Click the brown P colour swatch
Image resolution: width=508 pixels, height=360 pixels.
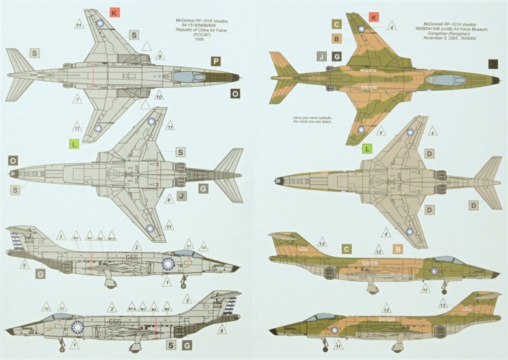coord(216,62)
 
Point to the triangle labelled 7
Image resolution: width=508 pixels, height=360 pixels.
coord(76,99)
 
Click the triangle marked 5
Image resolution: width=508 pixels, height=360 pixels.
coord(25,264)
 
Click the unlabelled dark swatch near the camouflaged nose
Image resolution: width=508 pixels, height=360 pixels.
coord(494,63)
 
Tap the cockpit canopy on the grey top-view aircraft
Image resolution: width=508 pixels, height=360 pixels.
coord(186,76)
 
